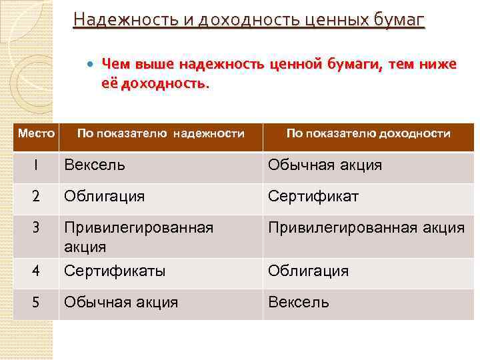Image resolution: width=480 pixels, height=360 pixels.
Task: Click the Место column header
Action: pos(36,133)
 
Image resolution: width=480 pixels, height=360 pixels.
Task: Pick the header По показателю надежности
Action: pos(161,133)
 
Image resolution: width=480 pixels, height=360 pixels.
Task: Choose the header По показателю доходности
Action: pos(368,133)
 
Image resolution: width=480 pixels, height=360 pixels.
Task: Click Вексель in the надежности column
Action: pos(94,165)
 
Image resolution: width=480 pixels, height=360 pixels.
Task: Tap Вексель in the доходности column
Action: pos(298,302)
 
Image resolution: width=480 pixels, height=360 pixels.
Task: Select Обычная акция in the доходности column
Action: pos(325,165)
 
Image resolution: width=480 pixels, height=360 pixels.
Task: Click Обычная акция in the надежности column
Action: pos(121,302)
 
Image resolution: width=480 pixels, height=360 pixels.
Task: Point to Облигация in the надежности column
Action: pos(104,197)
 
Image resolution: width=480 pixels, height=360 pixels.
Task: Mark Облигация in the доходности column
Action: pos(308,271)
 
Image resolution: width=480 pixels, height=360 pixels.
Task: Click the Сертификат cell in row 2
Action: pos(313,197)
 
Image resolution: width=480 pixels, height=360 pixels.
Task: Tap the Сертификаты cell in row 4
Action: pos(115,271)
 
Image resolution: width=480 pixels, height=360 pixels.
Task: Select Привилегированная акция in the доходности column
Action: pos(366,228)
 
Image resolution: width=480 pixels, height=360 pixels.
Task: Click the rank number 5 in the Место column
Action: pos(36,302)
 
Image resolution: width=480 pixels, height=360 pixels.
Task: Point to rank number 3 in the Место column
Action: pos(36,227)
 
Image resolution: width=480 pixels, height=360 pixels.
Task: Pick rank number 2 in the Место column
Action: pos(36,197)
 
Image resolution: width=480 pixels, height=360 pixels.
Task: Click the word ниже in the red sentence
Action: pos(439,64)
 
